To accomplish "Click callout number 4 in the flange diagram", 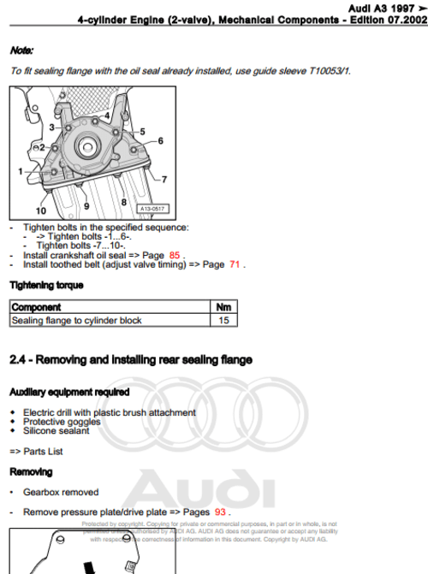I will [107, 115].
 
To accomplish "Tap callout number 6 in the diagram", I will [160, 140].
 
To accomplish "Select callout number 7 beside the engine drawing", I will [163, 179].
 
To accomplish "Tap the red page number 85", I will [175, 255].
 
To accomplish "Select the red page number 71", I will [235, 265].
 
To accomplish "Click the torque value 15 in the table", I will [224, 321].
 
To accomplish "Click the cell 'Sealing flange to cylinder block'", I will [76, 321].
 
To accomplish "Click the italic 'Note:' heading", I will [21, 51].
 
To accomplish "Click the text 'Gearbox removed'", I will [61, 492].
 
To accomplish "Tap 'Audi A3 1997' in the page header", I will [368, 7].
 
